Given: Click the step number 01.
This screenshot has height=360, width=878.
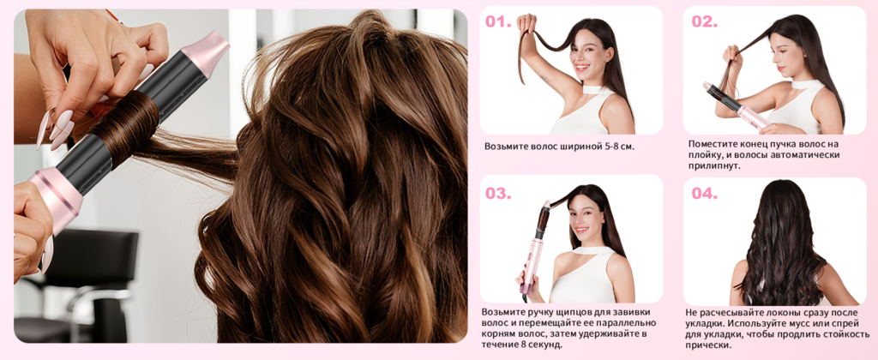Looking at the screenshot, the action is [498, 21].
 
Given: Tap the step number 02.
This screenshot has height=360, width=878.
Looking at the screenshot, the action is [705, 21].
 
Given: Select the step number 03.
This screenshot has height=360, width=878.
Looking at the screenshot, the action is [498, 193].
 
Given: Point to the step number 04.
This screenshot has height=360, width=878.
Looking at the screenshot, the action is [705, 193].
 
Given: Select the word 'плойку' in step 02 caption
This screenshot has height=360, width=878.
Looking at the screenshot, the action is [704, 155].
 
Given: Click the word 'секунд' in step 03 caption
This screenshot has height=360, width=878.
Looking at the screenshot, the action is [546, 345].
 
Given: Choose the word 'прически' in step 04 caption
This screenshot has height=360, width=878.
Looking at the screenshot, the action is [709, 345].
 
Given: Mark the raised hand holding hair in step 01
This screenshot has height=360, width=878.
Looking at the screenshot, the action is [526, 25].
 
